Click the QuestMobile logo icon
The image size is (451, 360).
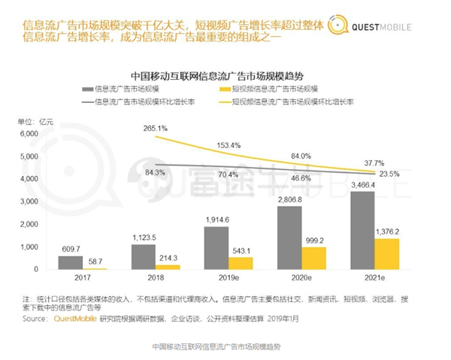331,24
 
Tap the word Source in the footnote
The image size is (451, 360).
38,319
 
